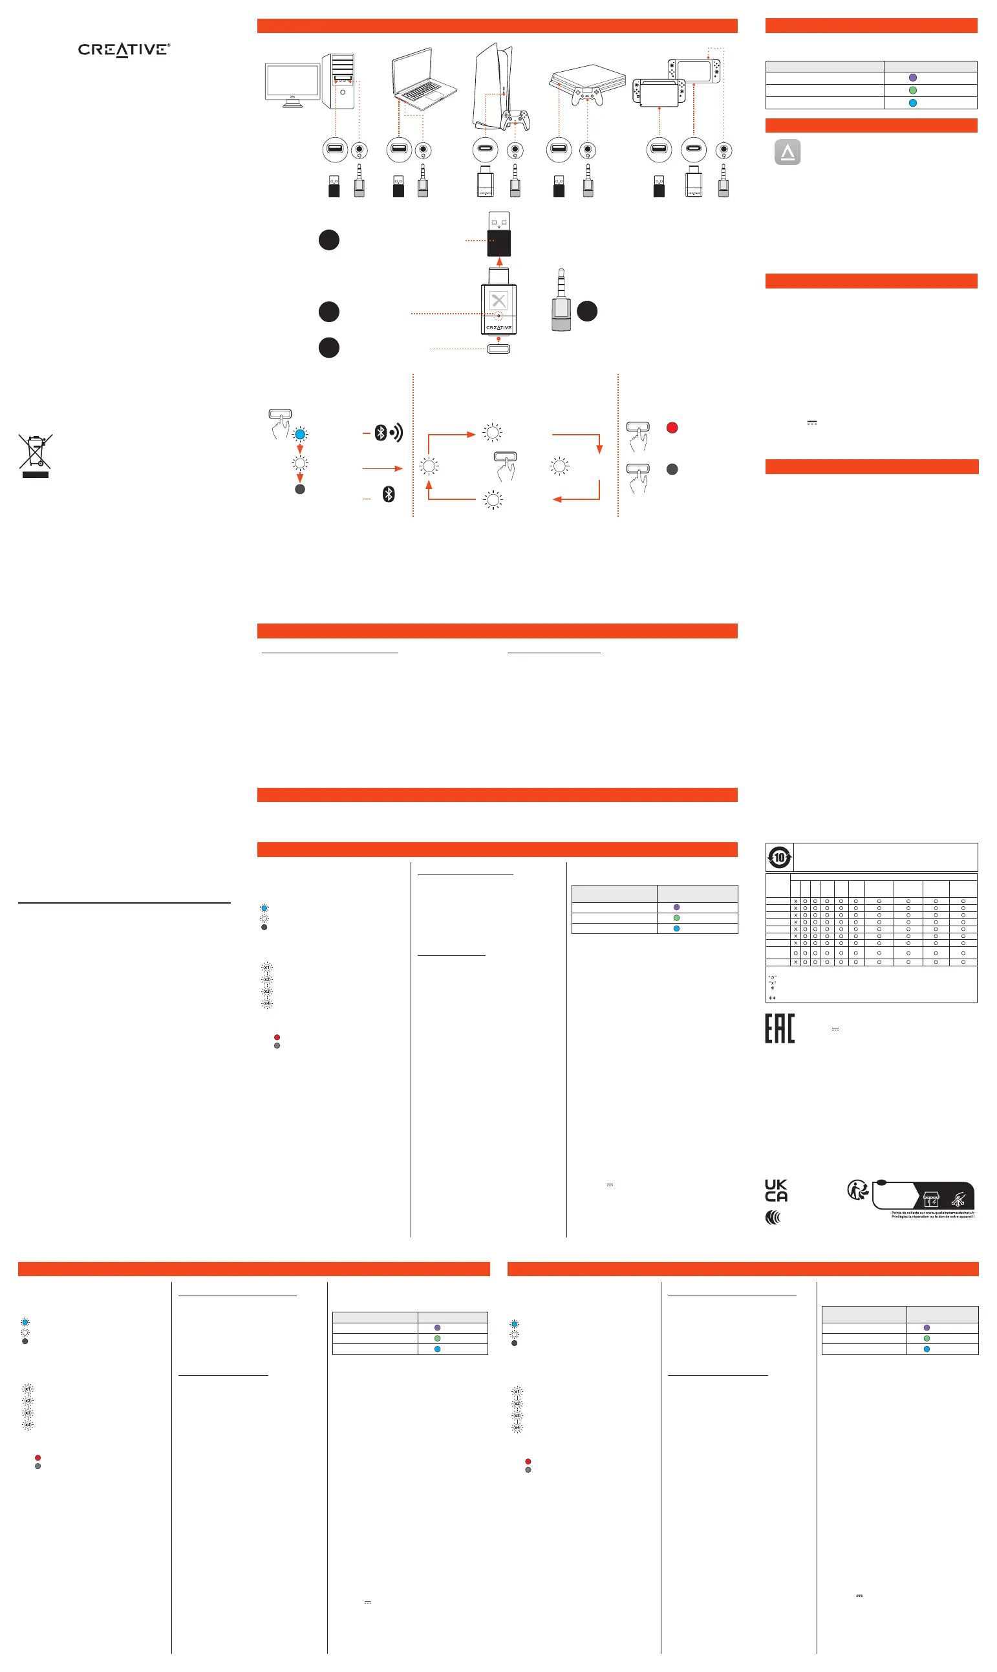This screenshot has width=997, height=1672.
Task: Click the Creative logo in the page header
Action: coord(123,50)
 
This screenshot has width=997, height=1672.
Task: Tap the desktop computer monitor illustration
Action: coord(293,83)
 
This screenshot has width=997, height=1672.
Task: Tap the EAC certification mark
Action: coord(779,1028)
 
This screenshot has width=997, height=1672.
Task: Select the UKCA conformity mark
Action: coord(776,1190)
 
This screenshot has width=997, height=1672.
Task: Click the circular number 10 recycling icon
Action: coord(779,858)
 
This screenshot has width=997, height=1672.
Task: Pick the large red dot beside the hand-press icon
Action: coord(672,428)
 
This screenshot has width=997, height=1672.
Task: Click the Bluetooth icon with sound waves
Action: coord(388,433)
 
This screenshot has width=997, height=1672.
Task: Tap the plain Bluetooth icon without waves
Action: coord(389,495)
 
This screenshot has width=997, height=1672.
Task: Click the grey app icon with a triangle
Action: coord(788,152)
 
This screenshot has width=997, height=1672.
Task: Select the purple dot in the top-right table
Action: coord(912,78)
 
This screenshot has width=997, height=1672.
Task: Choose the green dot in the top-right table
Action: coord(912,90)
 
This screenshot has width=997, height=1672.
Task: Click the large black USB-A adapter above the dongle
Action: coord(498,234)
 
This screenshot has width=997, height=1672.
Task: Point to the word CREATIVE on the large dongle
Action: coord(498,327)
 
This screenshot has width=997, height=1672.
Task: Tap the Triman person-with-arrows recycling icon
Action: coord(857,1190)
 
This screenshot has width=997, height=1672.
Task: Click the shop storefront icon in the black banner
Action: coord(930,1200)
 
